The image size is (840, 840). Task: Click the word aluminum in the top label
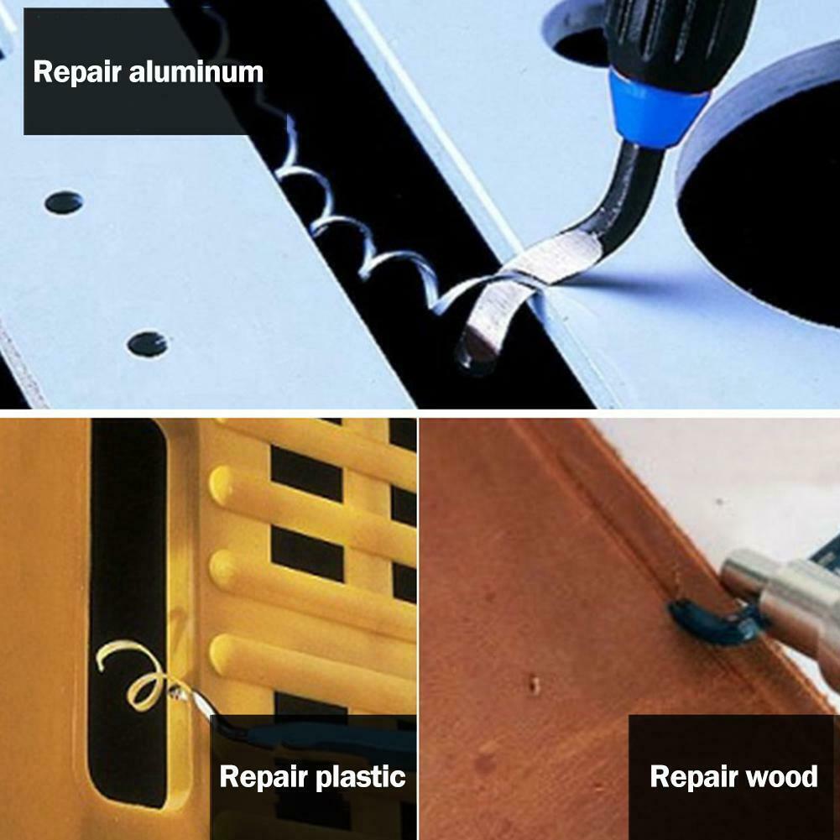(x=196, y=72)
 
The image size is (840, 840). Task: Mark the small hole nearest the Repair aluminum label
(x=64, y=202)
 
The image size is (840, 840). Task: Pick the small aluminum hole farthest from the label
(x=147, y=344)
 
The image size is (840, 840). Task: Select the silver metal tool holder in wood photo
(x=782, y=605)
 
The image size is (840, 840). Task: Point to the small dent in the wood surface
(x=534, y=684)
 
